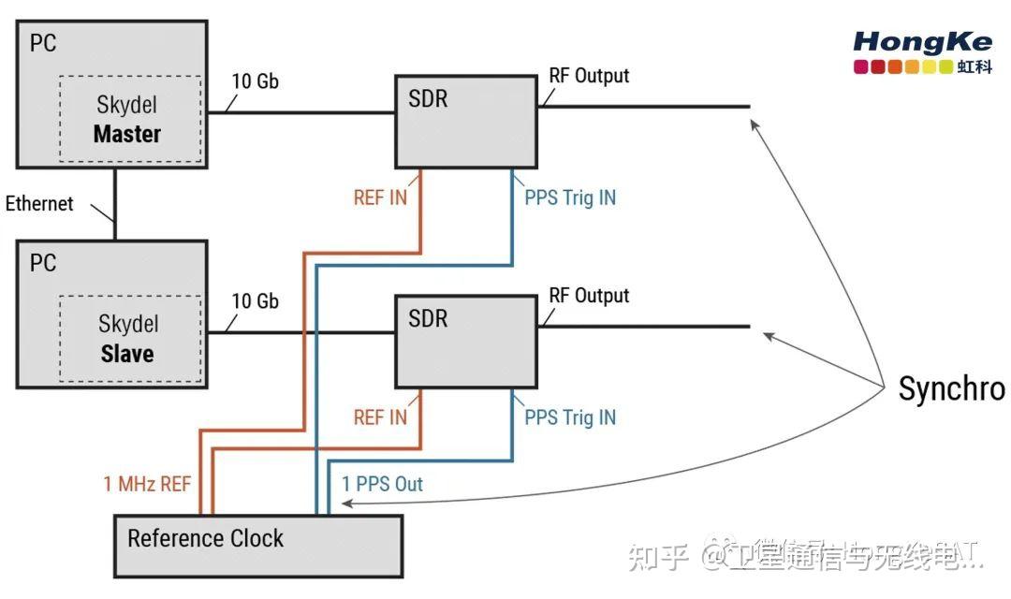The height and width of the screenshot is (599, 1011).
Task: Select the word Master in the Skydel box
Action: (x=127, y=134)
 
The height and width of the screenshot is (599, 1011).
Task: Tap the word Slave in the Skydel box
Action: (x=127, y=355)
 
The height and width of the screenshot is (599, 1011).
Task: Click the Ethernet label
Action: (x=39, y=204)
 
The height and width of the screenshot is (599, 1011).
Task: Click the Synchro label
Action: (x=951, y=388)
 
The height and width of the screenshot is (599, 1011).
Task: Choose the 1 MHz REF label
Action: (x=147, y=484)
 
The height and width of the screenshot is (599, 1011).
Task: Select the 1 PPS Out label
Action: (x=382, y=484)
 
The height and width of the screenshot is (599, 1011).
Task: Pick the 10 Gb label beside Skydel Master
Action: (x=255, y=81)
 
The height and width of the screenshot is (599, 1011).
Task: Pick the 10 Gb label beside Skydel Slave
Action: (x=255, y=301)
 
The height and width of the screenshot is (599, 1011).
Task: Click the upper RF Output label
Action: (x=589, y=76)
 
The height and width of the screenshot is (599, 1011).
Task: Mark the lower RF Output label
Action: (x=589, y=296)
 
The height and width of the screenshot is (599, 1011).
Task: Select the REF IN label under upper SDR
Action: (x=380, y=197)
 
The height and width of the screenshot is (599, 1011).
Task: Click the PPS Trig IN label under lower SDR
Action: (x=570, y=417)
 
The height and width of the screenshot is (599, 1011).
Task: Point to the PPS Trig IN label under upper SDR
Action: (x=570, y=197)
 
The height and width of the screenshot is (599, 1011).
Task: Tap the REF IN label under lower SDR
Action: (x=380, y=417)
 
